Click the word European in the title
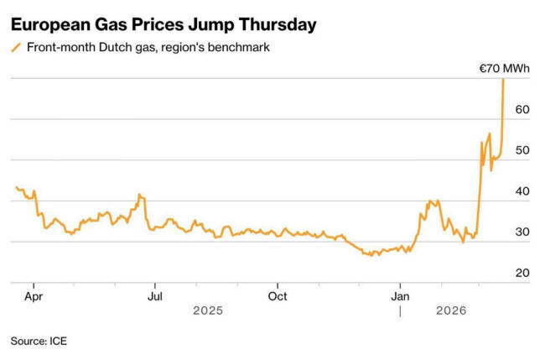49,24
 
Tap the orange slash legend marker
16,48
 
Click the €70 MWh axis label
506,69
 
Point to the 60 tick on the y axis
522,109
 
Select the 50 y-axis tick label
522,150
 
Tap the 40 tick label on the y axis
522,191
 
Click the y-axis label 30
522,232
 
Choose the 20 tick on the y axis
522,274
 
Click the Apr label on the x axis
34,295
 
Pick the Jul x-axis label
155,295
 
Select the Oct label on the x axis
278,295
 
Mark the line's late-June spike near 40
140,196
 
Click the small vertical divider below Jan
401,310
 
